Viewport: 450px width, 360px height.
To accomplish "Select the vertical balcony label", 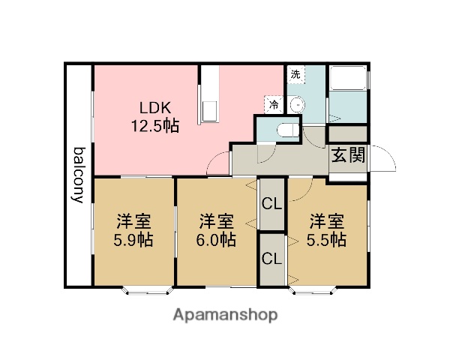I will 78,175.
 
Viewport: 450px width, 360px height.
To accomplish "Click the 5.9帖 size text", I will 133,241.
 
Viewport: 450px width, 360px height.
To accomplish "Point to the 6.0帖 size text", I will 217,241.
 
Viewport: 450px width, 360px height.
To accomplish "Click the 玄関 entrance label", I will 348,156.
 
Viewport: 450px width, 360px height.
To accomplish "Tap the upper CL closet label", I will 271,202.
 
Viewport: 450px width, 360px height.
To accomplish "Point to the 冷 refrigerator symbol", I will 274,105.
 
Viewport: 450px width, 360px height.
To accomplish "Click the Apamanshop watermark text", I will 226,314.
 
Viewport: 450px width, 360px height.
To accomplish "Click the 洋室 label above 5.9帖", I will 133,222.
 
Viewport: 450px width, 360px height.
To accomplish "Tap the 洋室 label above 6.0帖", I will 217,222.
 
